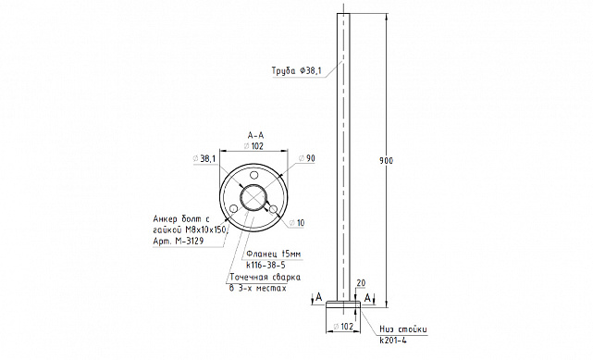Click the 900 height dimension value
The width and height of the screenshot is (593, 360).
pyautogui.click(x=386, y=161)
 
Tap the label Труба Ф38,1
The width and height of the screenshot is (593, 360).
pyautogui.click(x=296, y=70)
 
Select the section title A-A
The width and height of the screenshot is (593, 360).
pyautogui.click(x=255, y=135)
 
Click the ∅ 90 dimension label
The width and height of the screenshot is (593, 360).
pyautogui.click(x=307, y=158)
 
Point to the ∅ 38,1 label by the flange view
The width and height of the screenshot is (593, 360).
pyautogui.click(x=204, y=159)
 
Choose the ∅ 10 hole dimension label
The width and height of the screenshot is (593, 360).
pyautogui.click(x=297, y=223)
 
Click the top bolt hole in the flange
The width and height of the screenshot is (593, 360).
pyautogui.click(x=254, y=175)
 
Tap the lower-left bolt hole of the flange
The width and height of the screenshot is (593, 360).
pyautogui.click(x=234, y=209)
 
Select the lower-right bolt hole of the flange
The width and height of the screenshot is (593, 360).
pyautogui.click(x=274, y=208)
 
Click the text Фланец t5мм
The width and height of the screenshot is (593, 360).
pyautogui.click(x=274, y=254)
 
